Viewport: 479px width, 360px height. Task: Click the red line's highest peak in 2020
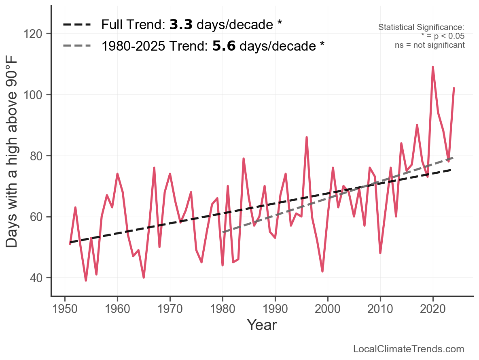pyautogui.click(x=433, y=67)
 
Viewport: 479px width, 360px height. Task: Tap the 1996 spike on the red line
pyautogui.click(x=307, y=137)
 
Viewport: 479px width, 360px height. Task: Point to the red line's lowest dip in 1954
pyautogui.click(x=86, y=280)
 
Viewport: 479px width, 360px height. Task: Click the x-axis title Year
pyautogui.click(x=262, y=325)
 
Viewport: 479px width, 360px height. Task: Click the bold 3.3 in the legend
pyautogui.click(x=181, y=25)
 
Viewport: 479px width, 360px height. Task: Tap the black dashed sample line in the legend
pyautogui.click(x=77, y=25)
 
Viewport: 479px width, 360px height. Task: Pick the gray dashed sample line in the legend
pyautogui.click(x=77, y=46)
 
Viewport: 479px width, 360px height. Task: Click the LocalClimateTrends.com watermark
pyautogui.click(x=409, y=349)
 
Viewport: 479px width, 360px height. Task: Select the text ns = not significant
pyautogui.click(x=430, y=45)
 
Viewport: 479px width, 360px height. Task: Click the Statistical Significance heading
pyautogui.click(x=421, y=27)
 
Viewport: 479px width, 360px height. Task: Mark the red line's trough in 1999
pyautogui.click(x=322, y=271)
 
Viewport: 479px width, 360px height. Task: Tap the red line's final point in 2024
pyautogui.click(x=454, y=88)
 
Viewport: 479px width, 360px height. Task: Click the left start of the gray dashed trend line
pyautogui.click(x=223, y=232)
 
